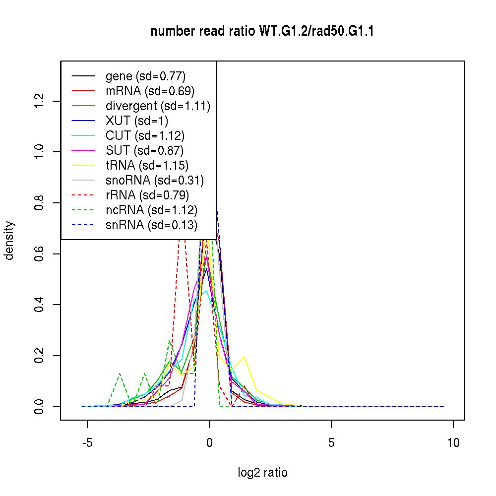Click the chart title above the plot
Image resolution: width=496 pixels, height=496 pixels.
[x=262, y=32]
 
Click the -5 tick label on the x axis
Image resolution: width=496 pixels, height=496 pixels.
[x=87, y=442]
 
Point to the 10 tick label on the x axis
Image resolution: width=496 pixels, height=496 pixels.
[x=453, y=442]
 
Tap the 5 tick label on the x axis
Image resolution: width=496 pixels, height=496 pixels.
[x=331, y=442]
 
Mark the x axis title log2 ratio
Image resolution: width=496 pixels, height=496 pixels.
[x=262, y=473]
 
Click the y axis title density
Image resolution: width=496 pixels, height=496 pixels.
[x=9, y=241]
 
